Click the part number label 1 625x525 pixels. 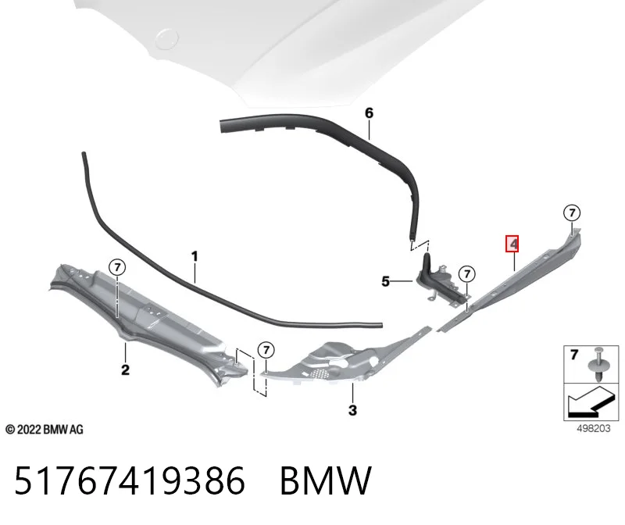tap(195, 256)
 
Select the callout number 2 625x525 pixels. tap(125, 370)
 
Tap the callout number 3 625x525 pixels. tap(352, 410)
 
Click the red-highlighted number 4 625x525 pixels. tap(512, 244)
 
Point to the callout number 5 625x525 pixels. tap(385, 281)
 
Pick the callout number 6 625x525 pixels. tap(369, 113)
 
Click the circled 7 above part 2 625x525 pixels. tap(117, 266)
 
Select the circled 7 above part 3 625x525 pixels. tap(266, 350)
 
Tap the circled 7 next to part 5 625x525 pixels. tap(467, 274)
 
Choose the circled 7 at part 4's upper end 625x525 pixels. tap(572, 212)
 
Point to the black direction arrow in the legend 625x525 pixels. tap(591, 402)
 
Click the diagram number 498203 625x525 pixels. tap(594, 429)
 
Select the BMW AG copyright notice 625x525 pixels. tap(45, 430)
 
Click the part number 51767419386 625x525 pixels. tap(130, 480)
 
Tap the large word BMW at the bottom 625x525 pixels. tap(326, 480)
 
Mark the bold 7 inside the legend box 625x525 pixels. tap(574, 354)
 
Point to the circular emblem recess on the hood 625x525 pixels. tap(166, 39)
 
